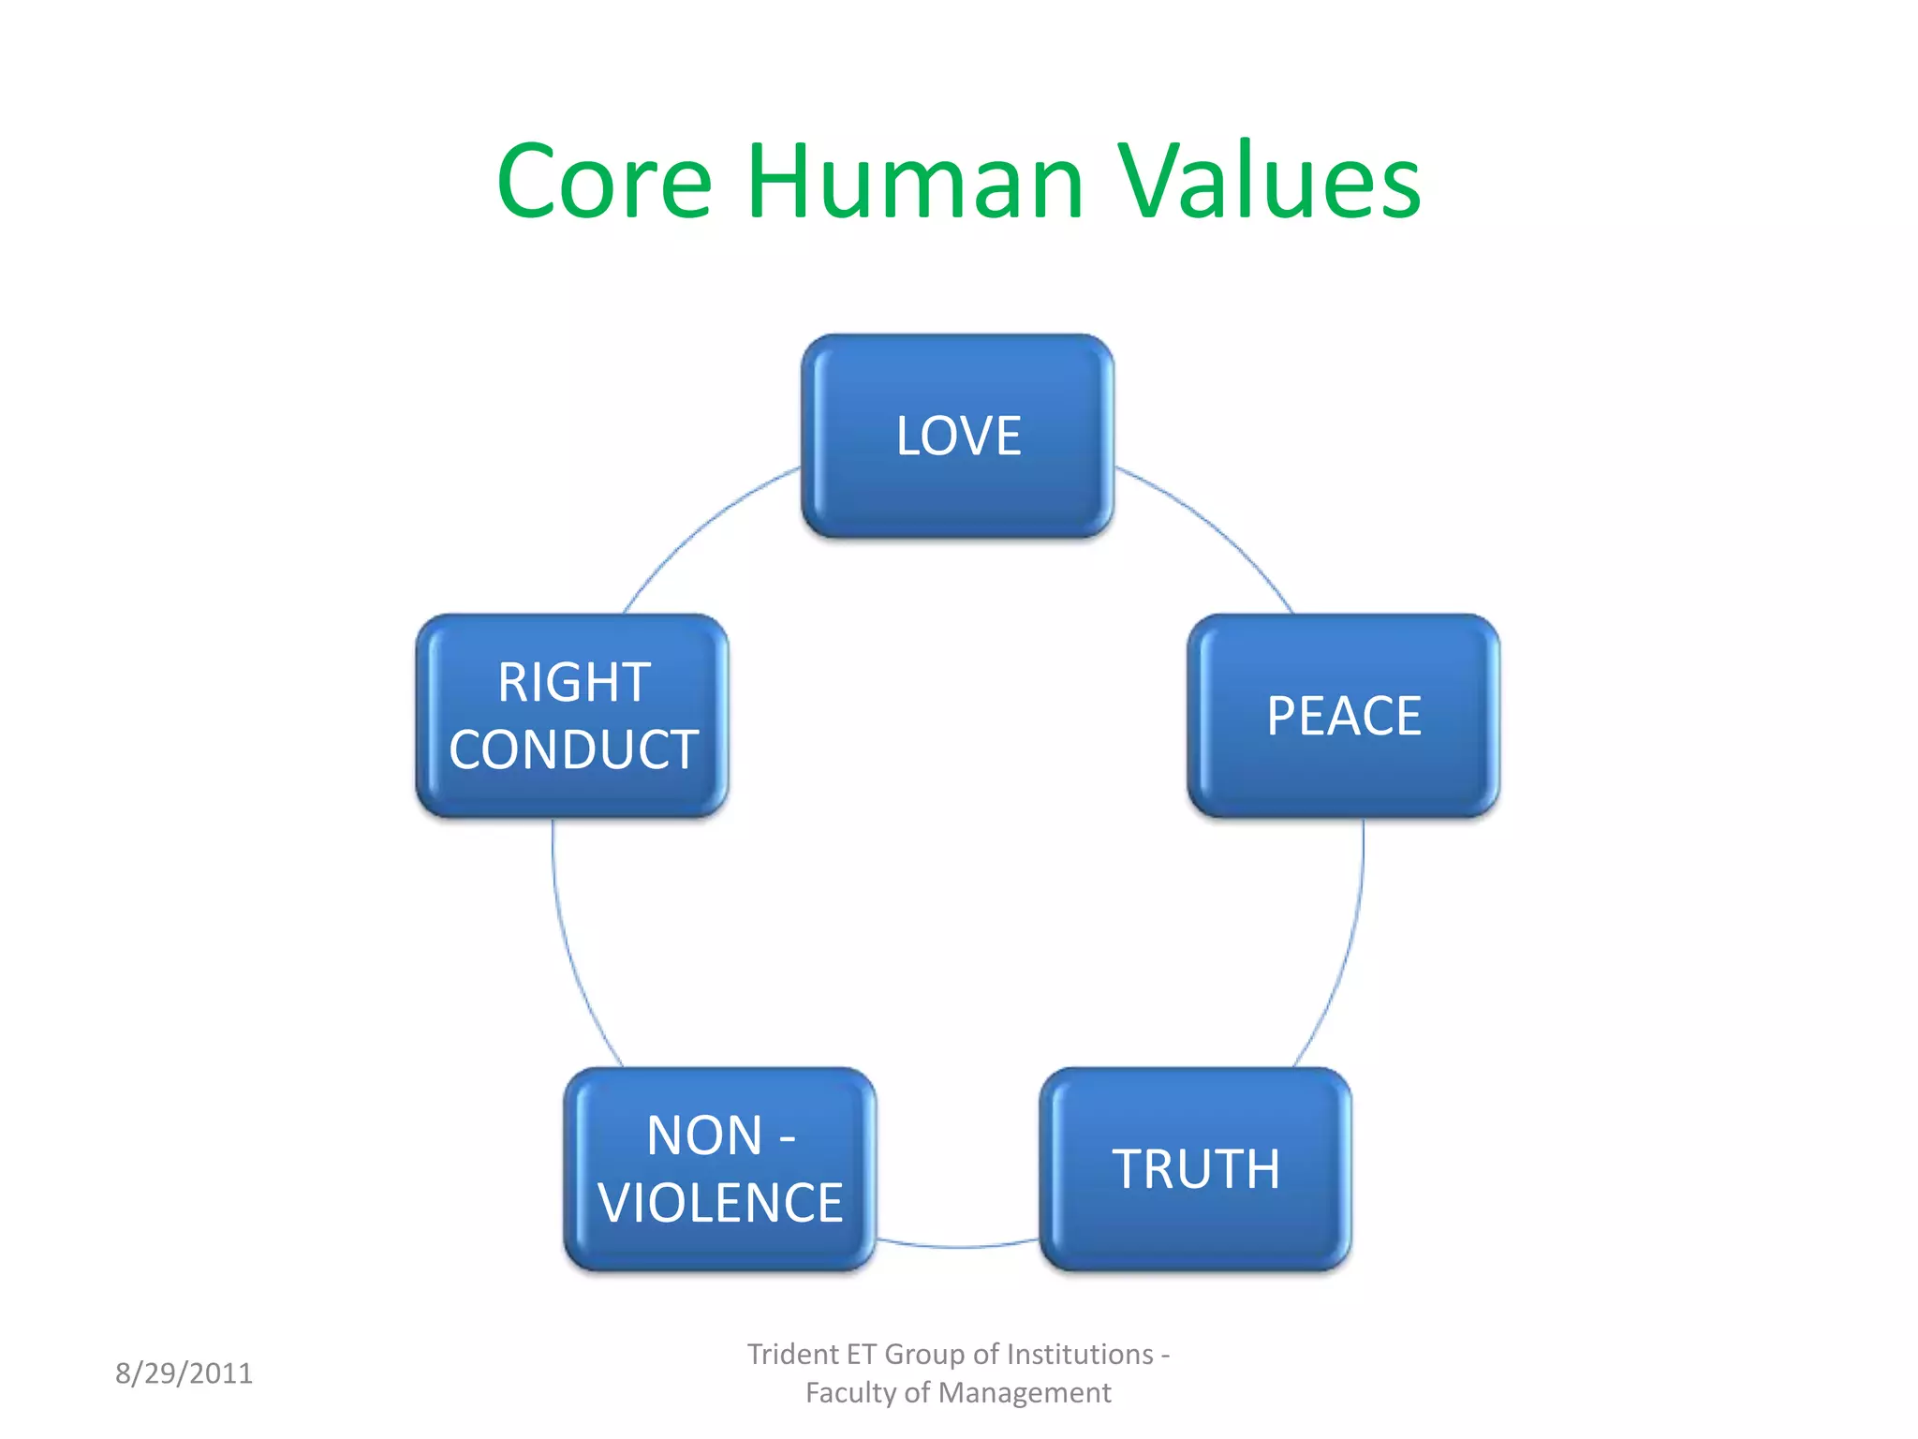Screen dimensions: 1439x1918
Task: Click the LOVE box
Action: point(957,436)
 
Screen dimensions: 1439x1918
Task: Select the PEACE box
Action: point(1343,716)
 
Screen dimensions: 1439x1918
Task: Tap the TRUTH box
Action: point(1195,1169)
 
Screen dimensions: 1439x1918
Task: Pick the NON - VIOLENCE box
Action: point(719,1169)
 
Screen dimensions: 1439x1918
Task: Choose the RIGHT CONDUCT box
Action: point(572,716)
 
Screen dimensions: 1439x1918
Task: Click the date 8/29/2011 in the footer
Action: point(184,1373)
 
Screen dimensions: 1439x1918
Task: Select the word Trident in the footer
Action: point(792,1355)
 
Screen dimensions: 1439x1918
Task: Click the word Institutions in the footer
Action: point(1080,1355)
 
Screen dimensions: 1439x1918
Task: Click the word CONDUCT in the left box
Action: point(573,749)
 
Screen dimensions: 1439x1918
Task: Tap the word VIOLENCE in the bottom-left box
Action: point(720,1204)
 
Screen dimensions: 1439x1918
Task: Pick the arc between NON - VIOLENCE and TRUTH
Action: point(957,1247)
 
